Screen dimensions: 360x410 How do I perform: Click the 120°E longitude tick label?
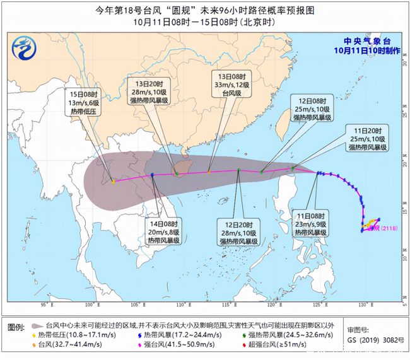(273, 305)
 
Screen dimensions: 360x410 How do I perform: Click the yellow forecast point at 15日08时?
(114, 182)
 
